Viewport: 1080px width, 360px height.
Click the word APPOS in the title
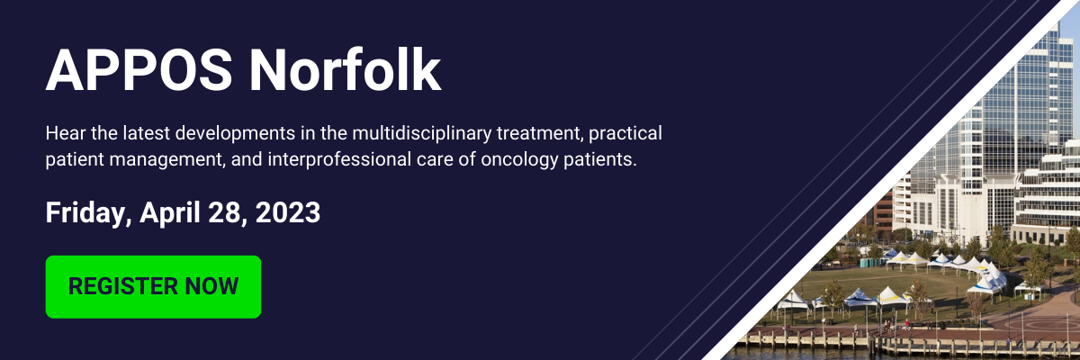[x=139, y=69]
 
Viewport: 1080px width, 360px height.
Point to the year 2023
[x=288, y=212]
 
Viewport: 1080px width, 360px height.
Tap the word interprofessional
[x=339, y=159]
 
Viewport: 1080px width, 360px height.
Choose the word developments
[x=235, y=133]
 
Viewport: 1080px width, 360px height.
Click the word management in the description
[x=166, y=160]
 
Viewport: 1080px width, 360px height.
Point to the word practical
[x=625, y=133]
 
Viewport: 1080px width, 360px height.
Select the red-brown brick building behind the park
[x=882, y=211]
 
